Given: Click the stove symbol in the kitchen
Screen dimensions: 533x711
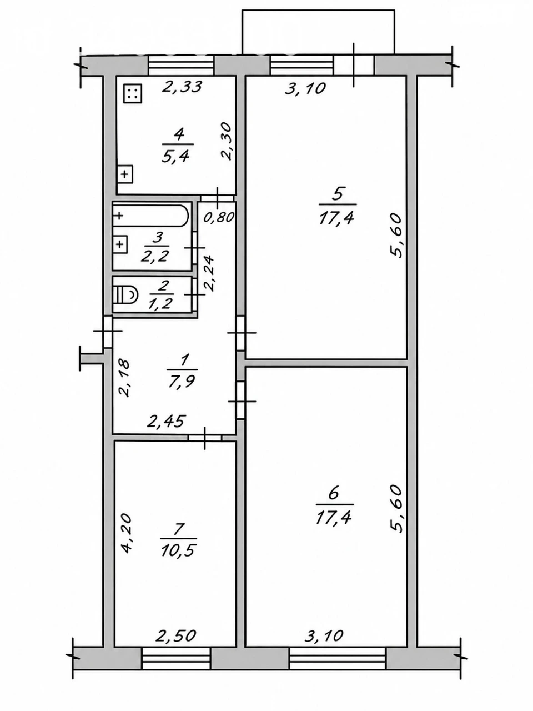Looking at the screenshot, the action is [133, 94].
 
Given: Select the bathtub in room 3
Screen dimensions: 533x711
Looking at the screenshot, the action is [150, 216].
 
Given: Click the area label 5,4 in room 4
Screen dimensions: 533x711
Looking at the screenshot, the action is [177, 157].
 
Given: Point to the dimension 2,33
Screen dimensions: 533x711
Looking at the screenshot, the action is [182, 87].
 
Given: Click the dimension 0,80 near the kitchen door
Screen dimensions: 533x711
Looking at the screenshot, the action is [218, 217].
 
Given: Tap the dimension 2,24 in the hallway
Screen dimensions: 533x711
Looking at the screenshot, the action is [209, 273].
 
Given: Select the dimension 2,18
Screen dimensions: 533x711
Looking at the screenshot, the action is [124, 378].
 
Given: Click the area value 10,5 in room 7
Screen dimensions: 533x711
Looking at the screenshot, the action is [179, 550].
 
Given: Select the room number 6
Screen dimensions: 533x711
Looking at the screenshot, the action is [333, 494].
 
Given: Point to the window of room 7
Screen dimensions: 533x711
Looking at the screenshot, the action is [177, 658].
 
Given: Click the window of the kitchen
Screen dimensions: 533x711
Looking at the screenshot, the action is [181, 66].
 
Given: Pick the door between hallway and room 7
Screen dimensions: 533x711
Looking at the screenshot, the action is [205, 438].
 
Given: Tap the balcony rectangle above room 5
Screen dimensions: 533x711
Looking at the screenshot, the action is [319, 32].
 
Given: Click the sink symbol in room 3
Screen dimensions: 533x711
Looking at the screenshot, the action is [120, 244].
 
